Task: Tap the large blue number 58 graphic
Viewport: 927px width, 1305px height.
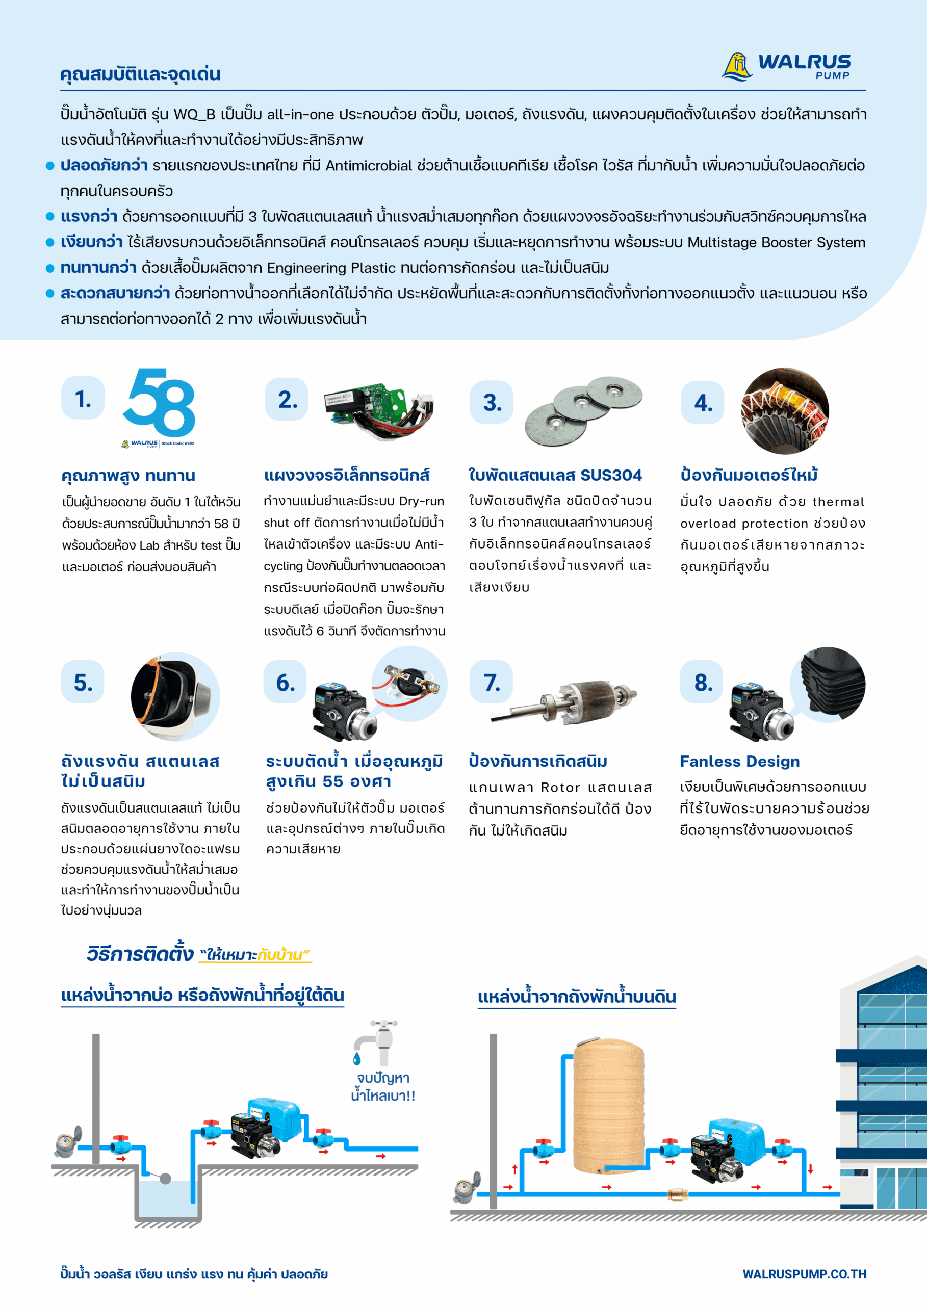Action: (159, 403)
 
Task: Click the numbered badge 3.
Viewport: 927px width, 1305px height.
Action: (491, 402)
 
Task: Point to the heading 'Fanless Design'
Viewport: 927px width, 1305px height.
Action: (739, 761)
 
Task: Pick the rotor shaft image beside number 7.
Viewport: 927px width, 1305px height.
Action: (564, 699)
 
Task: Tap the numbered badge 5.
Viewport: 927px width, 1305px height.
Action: (83, 682)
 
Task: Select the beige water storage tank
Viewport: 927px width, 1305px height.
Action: (608, 1109)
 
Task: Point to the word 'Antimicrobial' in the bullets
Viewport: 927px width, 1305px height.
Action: (368, 166)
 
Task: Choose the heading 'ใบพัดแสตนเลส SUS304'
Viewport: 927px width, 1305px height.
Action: (555, 475)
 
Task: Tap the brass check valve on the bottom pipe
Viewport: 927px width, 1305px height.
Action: (678, 1194)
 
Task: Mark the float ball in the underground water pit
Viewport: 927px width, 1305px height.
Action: (165, 1178)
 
